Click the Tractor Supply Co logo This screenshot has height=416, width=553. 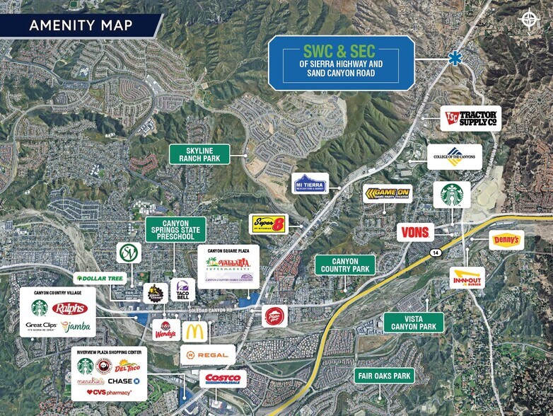coord(470,118)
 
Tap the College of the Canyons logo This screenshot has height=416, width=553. coord(454,156)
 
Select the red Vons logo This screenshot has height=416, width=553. coord(415,231)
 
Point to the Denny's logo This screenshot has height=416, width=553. coord(506,241)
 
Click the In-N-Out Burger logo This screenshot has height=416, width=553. coord(467,277)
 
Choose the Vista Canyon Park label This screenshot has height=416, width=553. coord(414,323)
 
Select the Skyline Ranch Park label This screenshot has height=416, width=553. coord(199,154)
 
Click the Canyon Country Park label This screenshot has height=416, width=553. coord(346,265)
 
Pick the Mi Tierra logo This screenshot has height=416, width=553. coord(311,183)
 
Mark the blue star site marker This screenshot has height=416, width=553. coord(453,60)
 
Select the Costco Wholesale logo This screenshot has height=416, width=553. coord(223,379)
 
